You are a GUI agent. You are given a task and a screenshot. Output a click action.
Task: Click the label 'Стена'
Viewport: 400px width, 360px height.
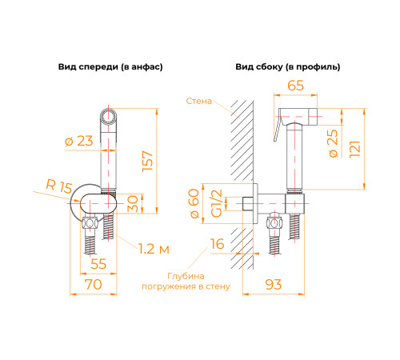[x=198, y=101]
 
